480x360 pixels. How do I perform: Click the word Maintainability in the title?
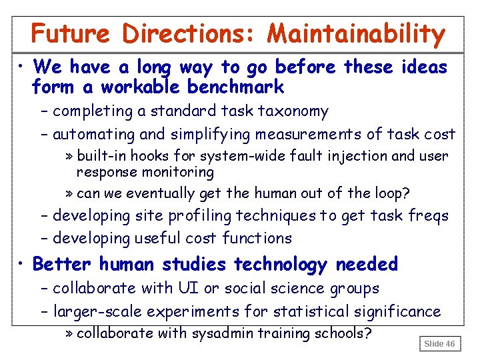[356, 34]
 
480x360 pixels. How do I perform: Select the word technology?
[281, 264]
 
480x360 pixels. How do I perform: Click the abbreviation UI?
[184, 288]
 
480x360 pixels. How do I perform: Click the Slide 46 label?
[440, 343]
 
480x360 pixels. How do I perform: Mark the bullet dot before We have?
[22, 66]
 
